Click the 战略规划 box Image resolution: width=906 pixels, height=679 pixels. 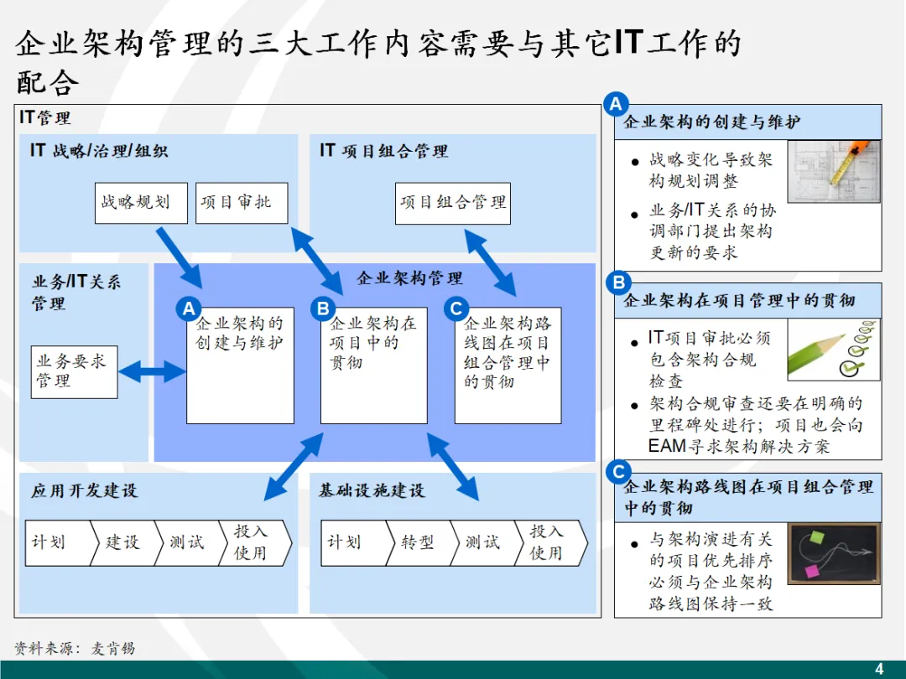click(140, 203)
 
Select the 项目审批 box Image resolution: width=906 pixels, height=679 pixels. click(242, 203)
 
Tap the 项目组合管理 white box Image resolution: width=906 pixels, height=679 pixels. click(452, 203)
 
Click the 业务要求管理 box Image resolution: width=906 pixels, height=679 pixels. click(74, 371)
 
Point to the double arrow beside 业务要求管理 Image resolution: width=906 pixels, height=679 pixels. click(152, 371)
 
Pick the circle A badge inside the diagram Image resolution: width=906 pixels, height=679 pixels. click(189, 309)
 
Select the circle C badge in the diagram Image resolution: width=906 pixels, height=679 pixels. click(456, 309)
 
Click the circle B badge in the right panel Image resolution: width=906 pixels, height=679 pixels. click(619, 282)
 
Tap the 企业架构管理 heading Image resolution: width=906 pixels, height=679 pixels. click(409, 278)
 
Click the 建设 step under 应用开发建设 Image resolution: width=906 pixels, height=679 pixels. click(122, 542)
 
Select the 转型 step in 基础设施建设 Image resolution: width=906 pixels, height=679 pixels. click(418, 542)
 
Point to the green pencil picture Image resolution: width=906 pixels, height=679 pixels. click(833, 351)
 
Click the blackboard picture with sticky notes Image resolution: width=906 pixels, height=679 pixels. click(833, 553)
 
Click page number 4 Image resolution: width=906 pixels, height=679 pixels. click(879, 669)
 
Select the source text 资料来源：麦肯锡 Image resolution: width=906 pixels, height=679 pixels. click(75, 648)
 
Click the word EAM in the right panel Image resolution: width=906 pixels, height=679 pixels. click(668, 446)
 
